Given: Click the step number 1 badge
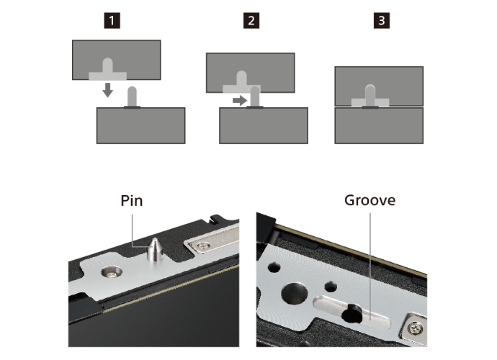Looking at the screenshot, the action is click(x=112, y=21).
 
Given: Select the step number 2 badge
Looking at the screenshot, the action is click(x=251, y=21).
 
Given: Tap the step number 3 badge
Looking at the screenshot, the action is click(x=382, y=21).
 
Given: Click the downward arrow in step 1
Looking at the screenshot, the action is click(x=108, y=90).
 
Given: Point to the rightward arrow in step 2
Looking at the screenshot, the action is click(x=240, y=101).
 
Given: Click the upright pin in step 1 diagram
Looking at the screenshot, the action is click(x=132, y=97).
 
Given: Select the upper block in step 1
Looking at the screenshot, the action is click(x=116, y=60).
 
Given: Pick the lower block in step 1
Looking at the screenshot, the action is click(x=140, y=125).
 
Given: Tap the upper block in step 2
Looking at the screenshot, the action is click(x=251, y=73).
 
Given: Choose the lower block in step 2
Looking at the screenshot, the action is click(x=264, y=125).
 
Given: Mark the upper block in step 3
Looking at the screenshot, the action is click(x=379, y=86).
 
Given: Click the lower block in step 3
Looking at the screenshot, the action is click(x=379, y=125).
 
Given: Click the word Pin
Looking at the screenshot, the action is click(x=132, y=201).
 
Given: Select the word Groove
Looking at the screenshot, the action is click(x=370, y=200).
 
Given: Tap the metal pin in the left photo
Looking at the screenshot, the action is click(x=156, y=250).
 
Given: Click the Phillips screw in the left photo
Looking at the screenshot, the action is click(x=203, y=246).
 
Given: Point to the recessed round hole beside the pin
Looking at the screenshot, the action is click(x=112, y=272).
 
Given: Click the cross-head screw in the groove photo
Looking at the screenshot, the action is click(x=415, y=328).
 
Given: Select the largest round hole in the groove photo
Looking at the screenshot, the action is click(x=295, y=294).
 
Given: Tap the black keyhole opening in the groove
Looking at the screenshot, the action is click(x=352, y=314).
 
